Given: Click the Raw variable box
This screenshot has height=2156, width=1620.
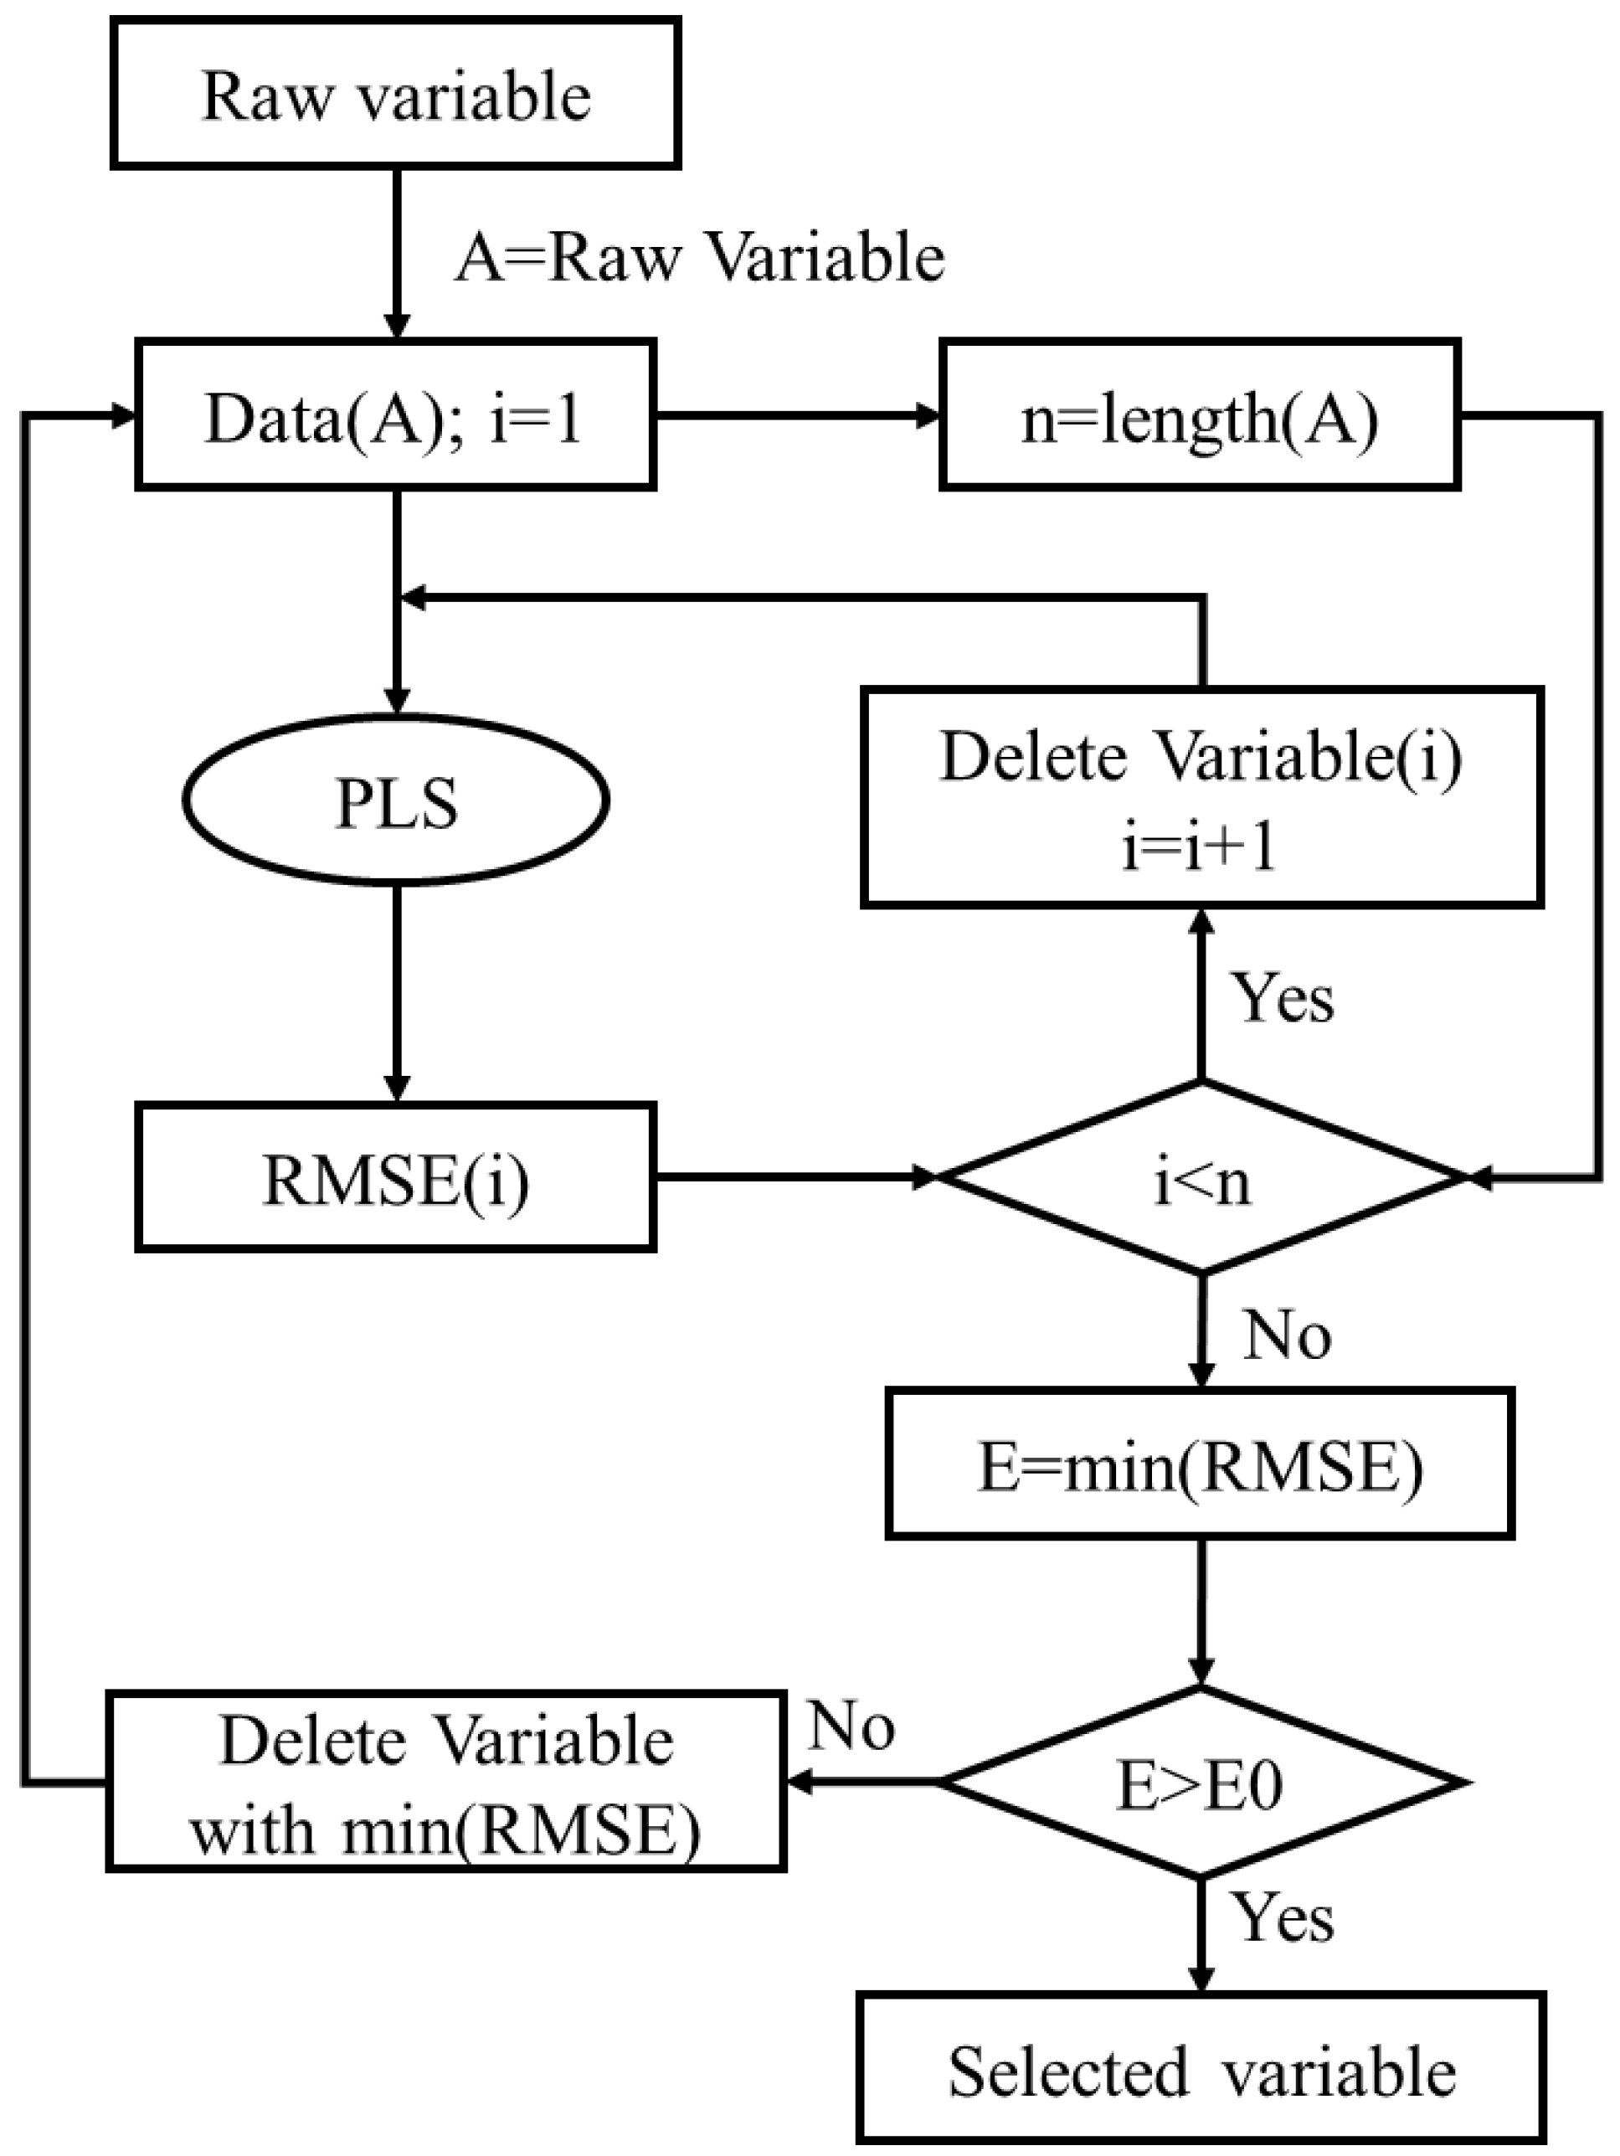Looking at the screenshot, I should (395, 95).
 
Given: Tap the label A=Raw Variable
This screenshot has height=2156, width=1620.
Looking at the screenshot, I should (700, 258).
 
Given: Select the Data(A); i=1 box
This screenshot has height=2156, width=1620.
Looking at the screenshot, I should (395, 416).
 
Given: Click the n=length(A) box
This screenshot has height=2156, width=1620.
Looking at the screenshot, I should (1199, 416).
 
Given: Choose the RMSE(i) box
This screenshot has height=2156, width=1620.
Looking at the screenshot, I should (395, 1177).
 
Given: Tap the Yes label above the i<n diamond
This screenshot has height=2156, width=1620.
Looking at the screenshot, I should (1283, 998).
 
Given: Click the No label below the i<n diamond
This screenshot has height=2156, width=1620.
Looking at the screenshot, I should (1287, 1335).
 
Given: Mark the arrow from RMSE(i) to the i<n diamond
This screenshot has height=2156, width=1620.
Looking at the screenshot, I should (795, 1177).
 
